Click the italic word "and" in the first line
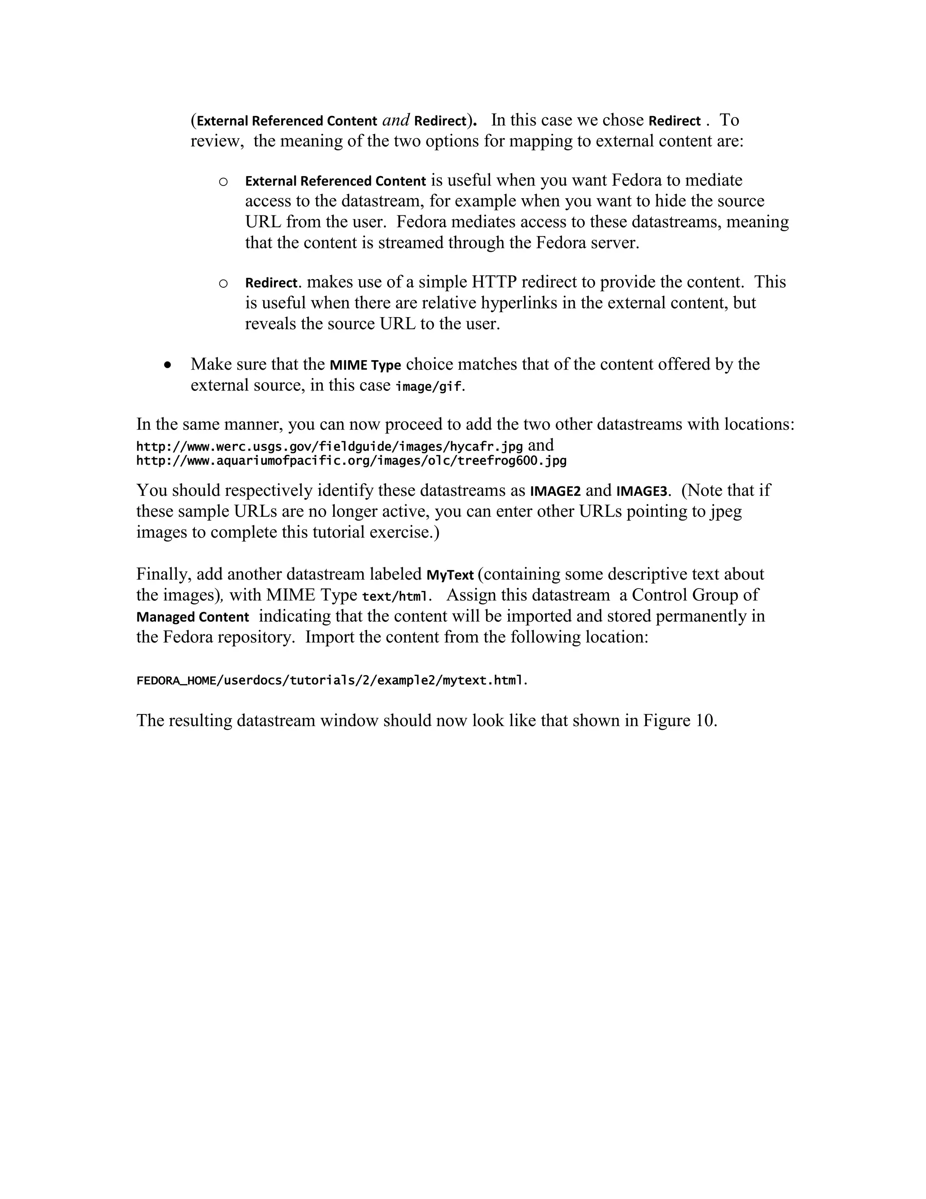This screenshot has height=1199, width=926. click(x=396, y=120)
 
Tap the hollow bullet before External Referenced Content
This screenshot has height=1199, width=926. click(x=223, y=182)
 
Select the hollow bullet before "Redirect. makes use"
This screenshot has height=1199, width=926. click(x=223, y=283)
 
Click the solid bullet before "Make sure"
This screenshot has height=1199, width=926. click(x=168, y=365)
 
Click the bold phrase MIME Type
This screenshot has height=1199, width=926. click(x=365, y=365)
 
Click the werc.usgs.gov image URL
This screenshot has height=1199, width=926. click(x=329, y=446)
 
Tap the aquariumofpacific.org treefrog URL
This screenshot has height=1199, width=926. click(x=351, y=461)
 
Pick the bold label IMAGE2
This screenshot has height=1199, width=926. click(x=555, y=491)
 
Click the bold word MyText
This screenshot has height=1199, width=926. click(x=450, y=575)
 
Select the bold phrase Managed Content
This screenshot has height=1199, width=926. click(x=193, y=617)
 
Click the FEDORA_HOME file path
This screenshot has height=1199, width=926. click(x=331, y=681)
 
